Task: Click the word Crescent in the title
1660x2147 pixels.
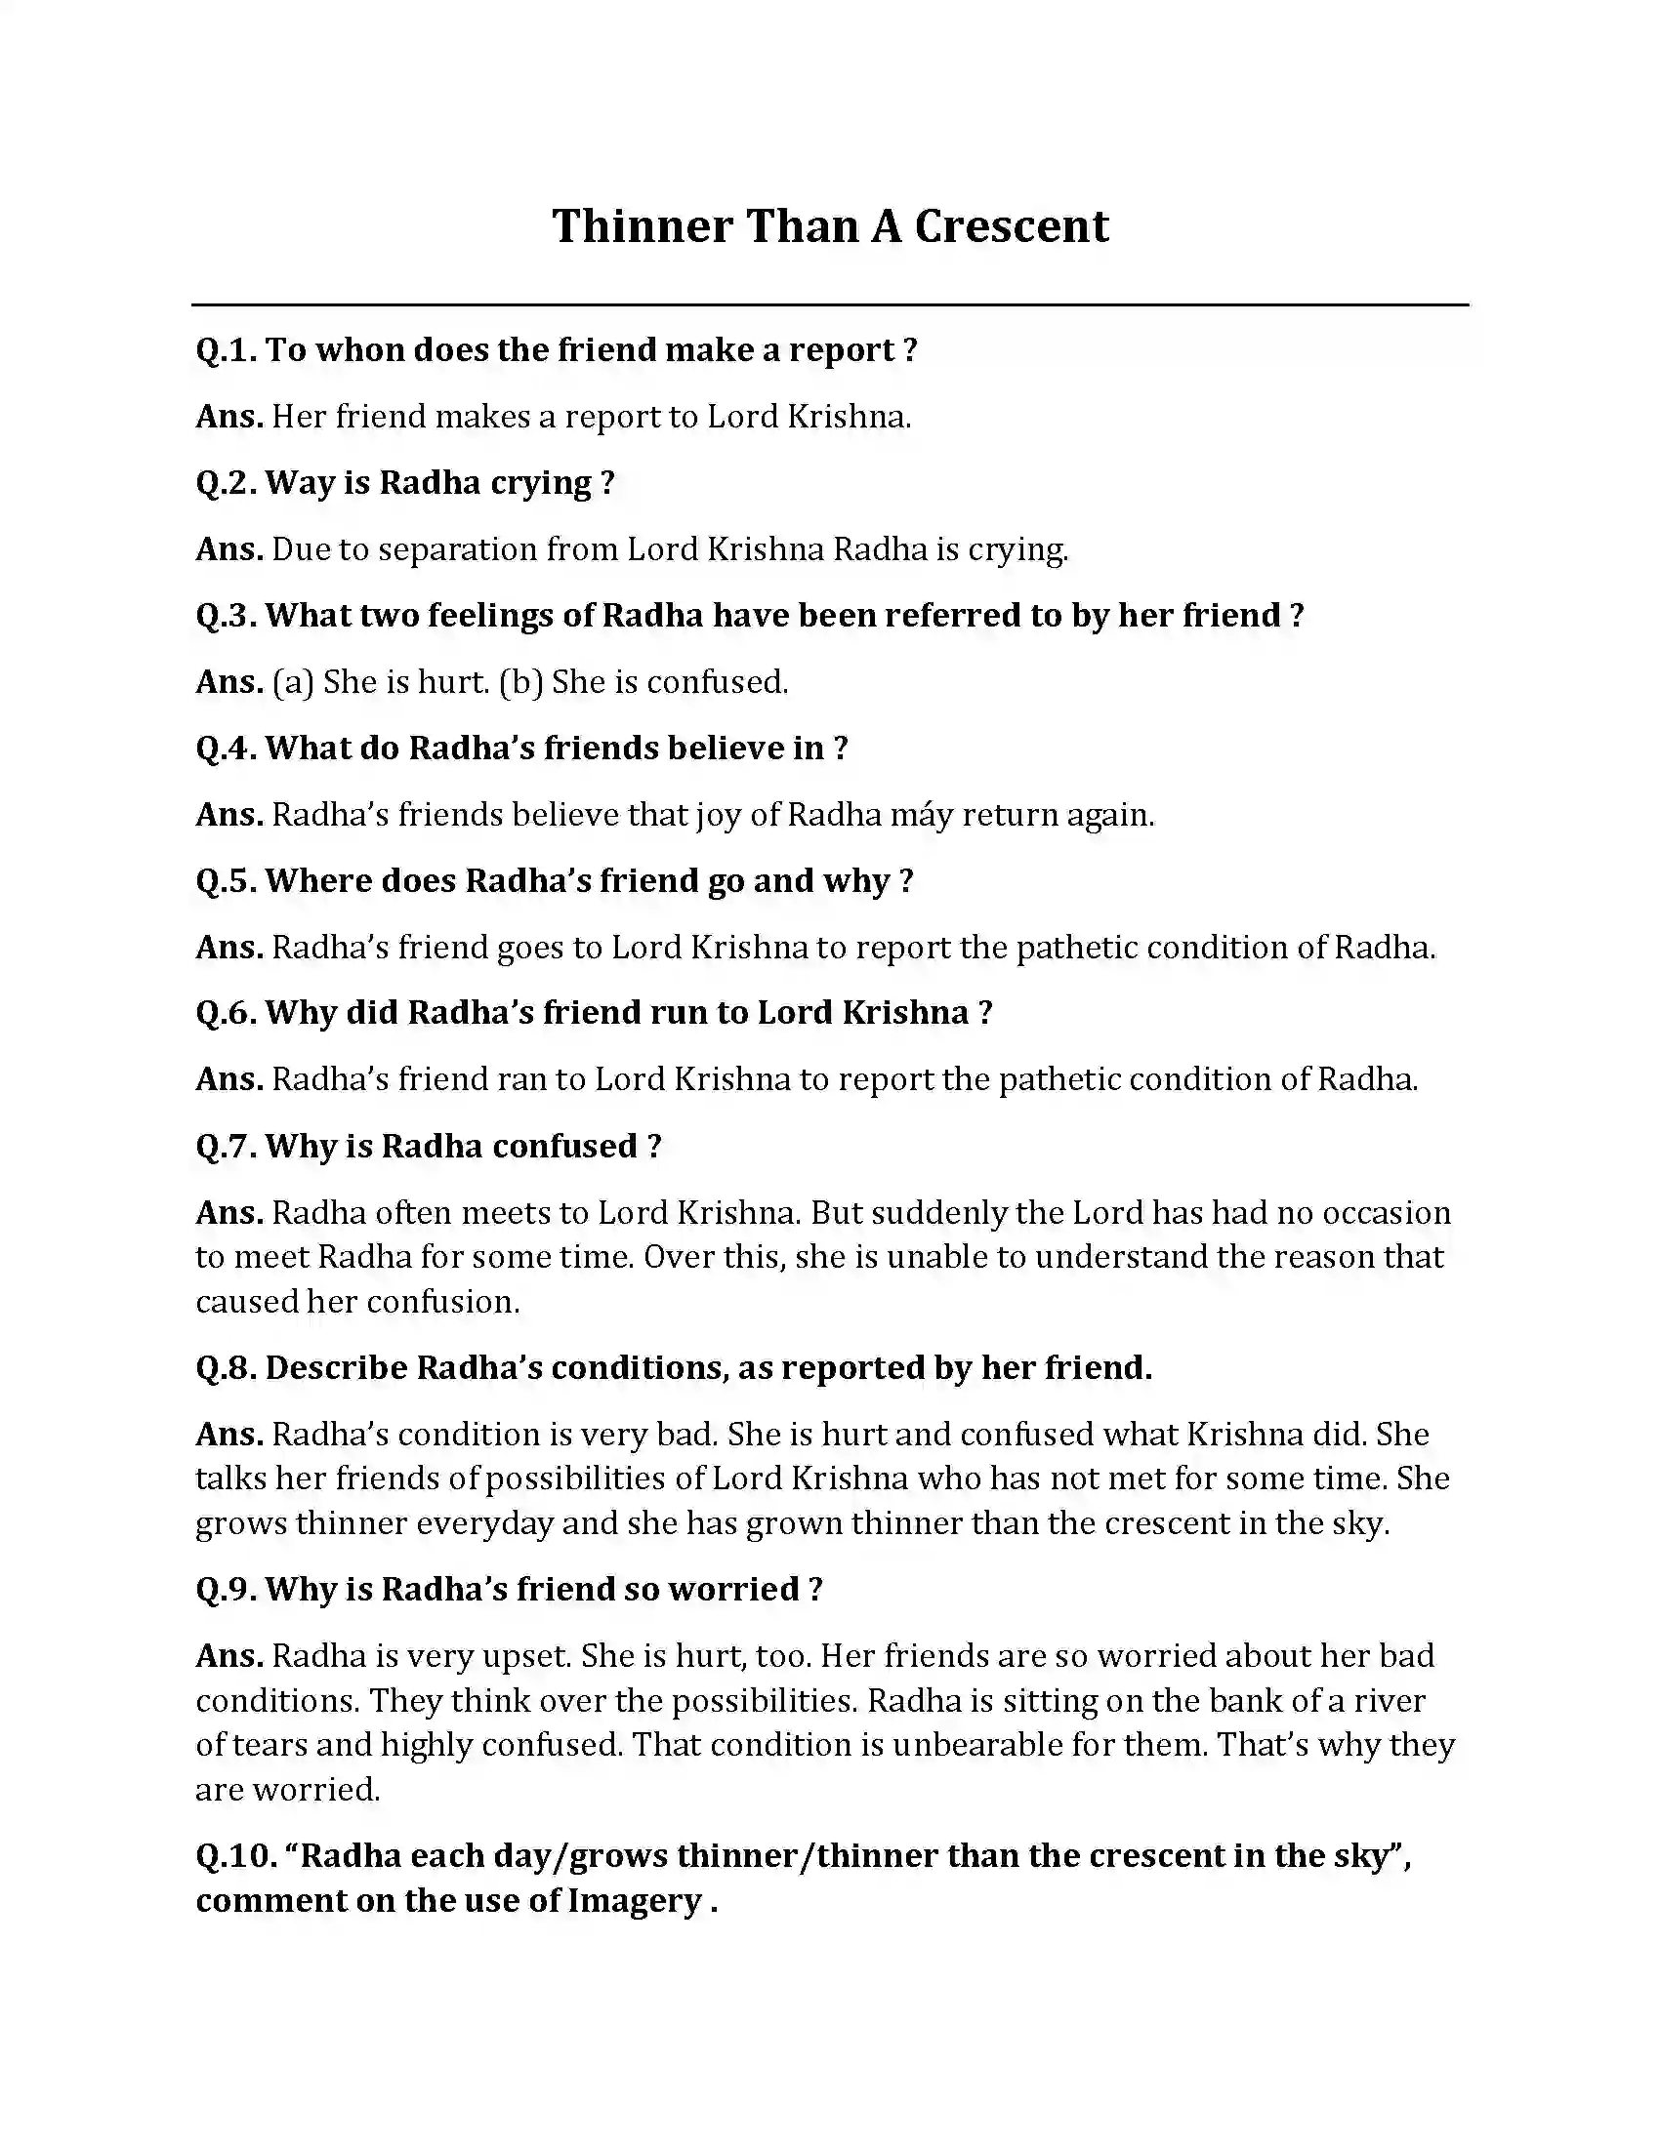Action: point(1011,226)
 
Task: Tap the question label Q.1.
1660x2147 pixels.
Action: point(226,350)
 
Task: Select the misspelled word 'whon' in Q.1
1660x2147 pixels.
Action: point(353,350)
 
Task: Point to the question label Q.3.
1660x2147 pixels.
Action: point(227,616)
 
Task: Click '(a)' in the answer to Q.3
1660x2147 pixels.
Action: point(293,682)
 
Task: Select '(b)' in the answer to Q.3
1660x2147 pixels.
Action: point(521,682)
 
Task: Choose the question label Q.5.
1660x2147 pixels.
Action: point(227,881)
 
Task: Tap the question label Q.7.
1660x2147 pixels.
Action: point(227,1147)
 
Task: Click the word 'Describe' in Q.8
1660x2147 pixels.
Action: point(336,1367)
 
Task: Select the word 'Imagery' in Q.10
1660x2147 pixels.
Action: point(634,1900)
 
